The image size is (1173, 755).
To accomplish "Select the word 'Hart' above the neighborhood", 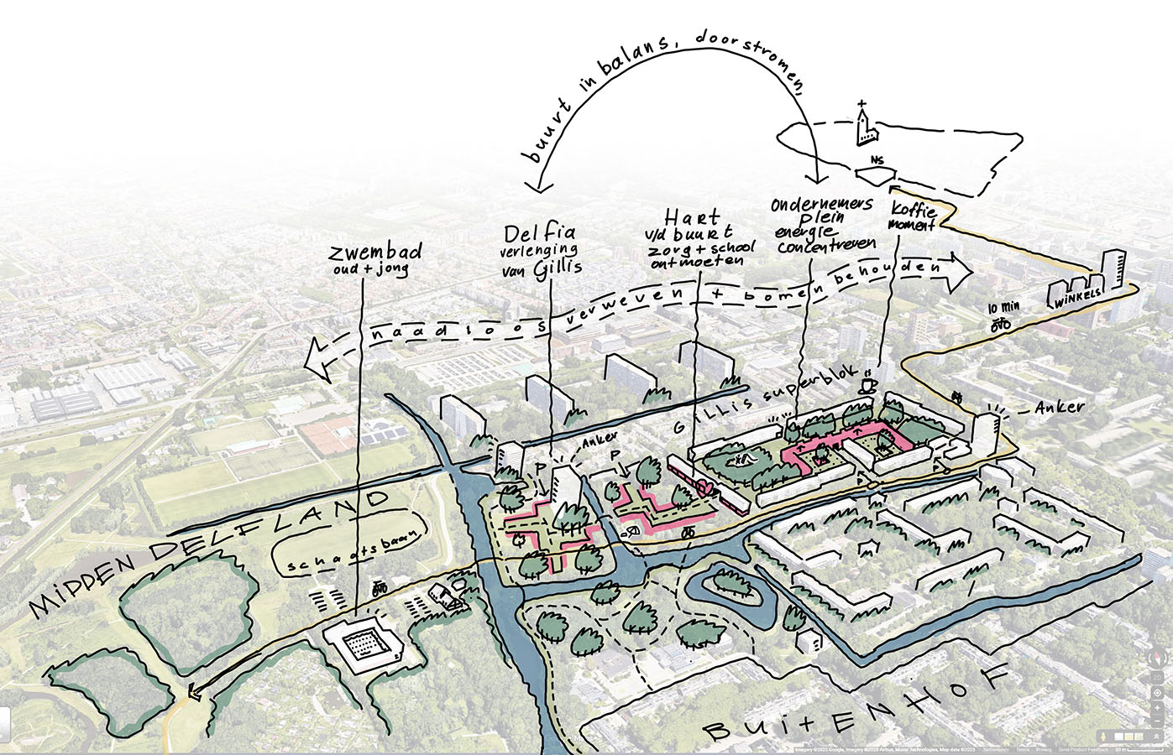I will tap(691, 216).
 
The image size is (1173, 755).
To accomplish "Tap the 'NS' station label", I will tap(877, 160).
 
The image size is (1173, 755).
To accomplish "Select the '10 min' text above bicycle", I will tap(1003, 307).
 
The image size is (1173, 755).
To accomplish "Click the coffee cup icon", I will tap(868, 384).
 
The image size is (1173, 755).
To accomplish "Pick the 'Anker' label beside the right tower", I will tap(1059, 407).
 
